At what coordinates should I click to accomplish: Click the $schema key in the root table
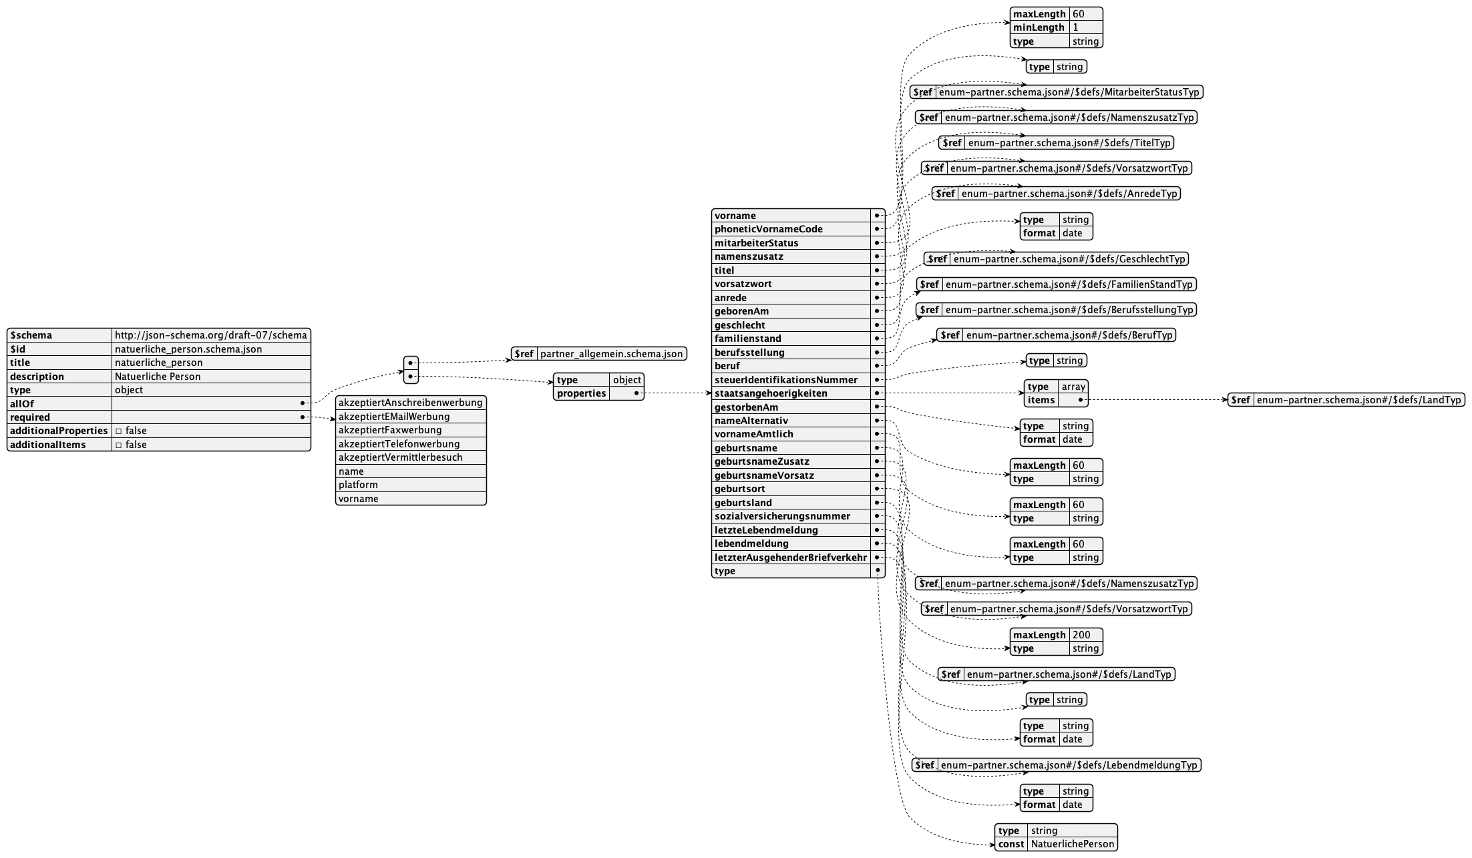click(x=31, y=335)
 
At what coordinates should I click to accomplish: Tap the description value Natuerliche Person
click(x=158, y=377)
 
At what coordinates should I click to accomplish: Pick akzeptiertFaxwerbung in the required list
click(x=390, y=430)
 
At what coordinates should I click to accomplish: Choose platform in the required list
click(x=358, y=485)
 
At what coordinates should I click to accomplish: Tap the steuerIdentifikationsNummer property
click(x=786, y=380)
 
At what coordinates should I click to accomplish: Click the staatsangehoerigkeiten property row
click(x=771, y=393)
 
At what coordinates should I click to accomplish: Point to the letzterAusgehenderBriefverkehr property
click(x=791, y=557)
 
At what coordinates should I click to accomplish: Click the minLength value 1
click(x=1075, y=27)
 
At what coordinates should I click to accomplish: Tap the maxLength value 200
click(x=1082, y=635)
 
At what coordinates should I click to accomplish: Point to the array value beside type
click(x=1074, y=387)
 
